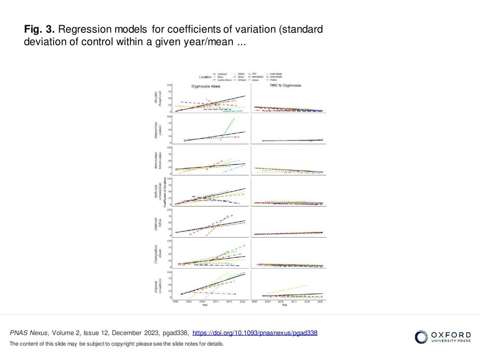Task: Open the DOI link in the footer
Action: [255, 333]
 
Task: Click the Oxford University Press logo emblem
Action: [421, 337]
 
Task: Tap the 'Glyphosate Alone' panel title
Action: [205, 86]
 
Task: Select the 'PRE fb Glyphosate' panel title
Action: [285, 86]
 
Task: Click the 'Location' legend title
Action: [205, 77]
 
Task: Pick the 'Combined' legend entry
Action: [222, 74]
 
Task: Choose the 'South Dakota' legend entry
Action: [276, 74]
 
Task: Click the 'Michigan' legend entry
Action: [242, 80]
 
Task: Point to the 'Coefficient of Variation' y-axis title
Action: [165, 195]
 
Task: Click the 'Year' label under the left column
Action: [205, 305]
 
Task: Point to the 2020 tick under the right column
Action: [320, 302]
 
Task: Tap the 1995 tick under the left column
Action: [175, 302]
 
